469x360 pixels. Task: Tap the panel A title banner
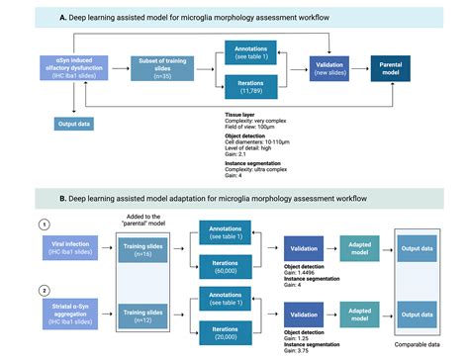coord(234,18)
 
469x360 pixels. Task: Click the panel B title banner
coord(234,199)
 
